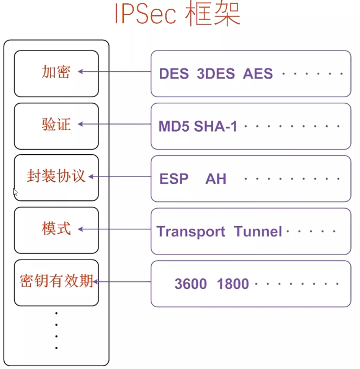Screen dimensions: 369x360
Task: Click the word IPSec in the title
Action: [146, 14]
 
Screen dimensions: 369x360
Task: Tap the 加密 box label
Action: [56, 72]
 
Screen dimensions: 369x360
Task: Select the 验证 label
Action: [56, 124]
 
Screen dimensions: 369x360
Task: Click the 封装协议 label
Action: [56, 176]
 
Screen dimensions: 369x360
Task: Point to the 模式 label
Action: [56, 229]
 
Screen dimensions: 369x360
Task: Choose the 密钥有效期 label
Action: [56, 281]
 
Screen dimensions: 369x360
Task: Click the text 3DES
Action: [216, 73]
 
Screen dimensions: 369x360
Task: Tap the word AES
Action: [258, 73]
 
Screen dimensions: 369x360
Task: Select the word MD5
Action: [174, 126]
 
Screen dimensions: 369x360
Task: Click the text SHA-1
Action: [216, 126]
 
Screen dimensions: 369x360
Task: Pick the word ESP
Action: [174, 179]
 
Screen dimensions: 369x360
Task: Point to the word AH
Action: [216, 179]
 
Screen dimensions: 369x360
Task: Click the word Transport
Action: [191, 232]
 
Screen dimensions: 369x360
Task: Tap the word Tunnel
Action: [258, 232]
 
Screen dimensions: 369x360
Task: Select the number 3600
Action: [190, 284]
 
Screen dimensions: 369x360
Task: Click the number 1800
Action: [233, 284]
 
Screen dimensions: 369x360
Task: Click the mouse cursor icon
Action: [16, 192]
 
